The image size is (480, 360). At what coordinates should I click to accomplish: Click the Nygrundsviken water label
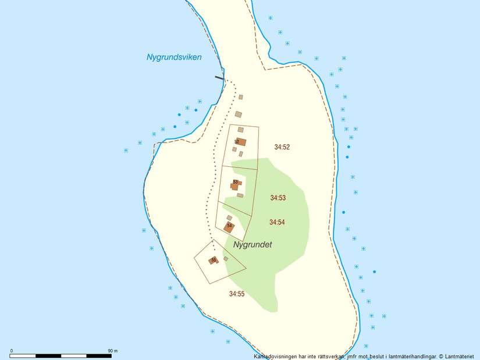click(174, 57)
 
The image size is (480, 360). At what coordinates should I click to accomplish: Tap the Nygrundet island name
click(253, 245)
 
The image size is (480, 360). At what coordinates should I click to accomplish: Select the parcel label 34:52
click(282, 147)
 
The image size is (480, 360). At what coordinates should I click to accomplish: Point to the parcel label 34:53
click(278, 198)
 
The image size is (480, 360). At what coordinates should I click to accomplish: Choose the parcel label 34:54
click(277, 222)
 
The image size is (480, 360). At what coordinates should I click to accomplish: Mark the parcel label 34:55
click(237, 294)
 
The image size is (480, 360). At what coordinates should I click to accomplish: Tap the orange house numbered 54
click(229, 227)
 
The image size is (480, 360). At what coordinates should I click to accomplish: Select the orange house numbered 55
click(213, 261)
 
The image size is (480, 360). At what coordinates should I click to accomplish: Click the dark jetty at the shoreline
click(219, 77)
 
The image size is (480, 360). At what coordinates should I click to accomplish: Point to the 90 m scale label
click(113, 351)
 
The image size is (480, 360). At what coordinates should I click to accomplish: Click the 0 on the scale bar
click(12, 351)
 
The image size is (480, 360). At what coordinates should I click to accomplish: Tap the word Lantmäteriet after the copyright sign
click(461, 356)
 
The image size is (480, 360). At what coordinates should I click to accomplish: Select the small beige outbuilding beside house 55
click(226, 259)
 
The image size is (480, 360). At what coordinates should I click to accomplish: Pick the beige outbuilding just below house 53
click(240, 196)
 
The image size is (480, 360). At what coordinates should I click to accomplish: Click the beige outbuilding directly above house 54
click(229, 218)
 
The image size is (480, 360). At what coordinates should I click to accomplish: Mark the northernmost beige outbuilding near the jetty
click(241, 97)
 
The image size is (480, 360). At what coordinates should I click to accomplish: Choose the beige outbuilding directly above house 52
click(240, 130)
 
